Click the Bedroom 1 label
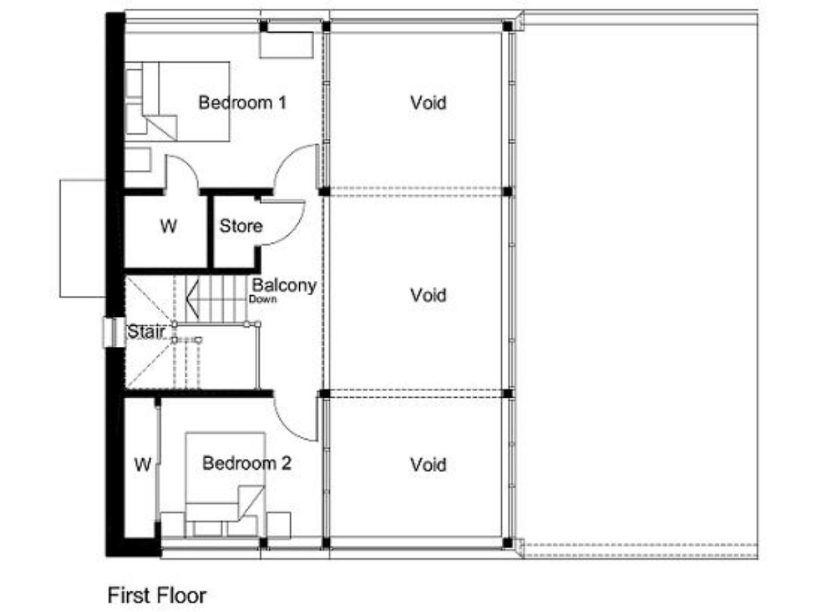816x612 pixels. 242,103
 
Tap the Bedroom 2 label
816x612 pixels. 246,463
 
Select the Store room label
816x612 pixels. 241,226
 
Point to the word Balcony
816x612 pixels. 284,286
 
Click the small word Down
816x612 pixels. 263,299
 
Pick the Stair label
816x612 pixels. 146,331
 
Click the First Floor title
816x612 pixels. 157,595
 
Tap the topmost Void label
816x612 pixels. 428,103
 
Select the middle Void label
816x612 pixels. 428,295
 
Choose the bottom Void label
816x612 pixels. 428,464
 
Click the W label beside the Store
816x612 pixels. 169,226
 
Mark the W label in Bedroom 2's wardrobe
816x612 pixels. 143,464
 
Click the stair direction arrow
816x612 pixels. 192,299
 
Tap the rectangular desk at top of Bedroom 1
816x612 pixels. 286,45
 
